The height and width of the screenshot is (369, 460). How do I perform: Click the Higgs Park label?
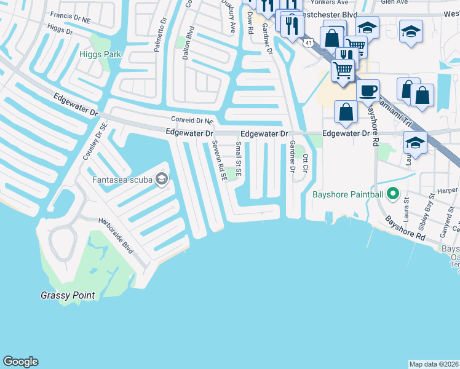tap(100, 54)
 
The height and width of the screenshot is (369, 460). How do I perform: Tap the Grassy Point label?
tap(68, 295)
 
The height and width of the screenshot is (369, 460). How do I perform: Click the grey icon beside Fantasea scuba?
tap(162, 179)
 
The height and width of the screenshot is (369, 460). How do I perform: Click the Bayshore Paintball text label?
tap(347, 195)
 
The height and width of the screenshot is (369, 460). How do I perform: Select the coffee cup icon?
tap(368, 90)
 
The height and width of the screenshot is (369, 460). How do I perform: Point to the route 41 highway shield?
tap(307, 41)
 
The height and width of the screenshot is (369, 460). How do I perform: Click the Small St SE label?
tap(239, 159)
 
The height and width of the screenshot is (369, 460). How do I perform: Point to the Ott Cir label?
tap(304, 162)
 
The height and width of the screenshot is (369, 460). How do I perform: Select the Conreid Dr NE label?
tap(191, 121)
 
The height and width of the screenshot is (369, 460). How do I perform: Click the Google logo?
tap(20, 362)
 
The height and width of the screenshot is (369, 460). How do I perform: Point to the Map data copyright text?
tap(434, 364)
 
